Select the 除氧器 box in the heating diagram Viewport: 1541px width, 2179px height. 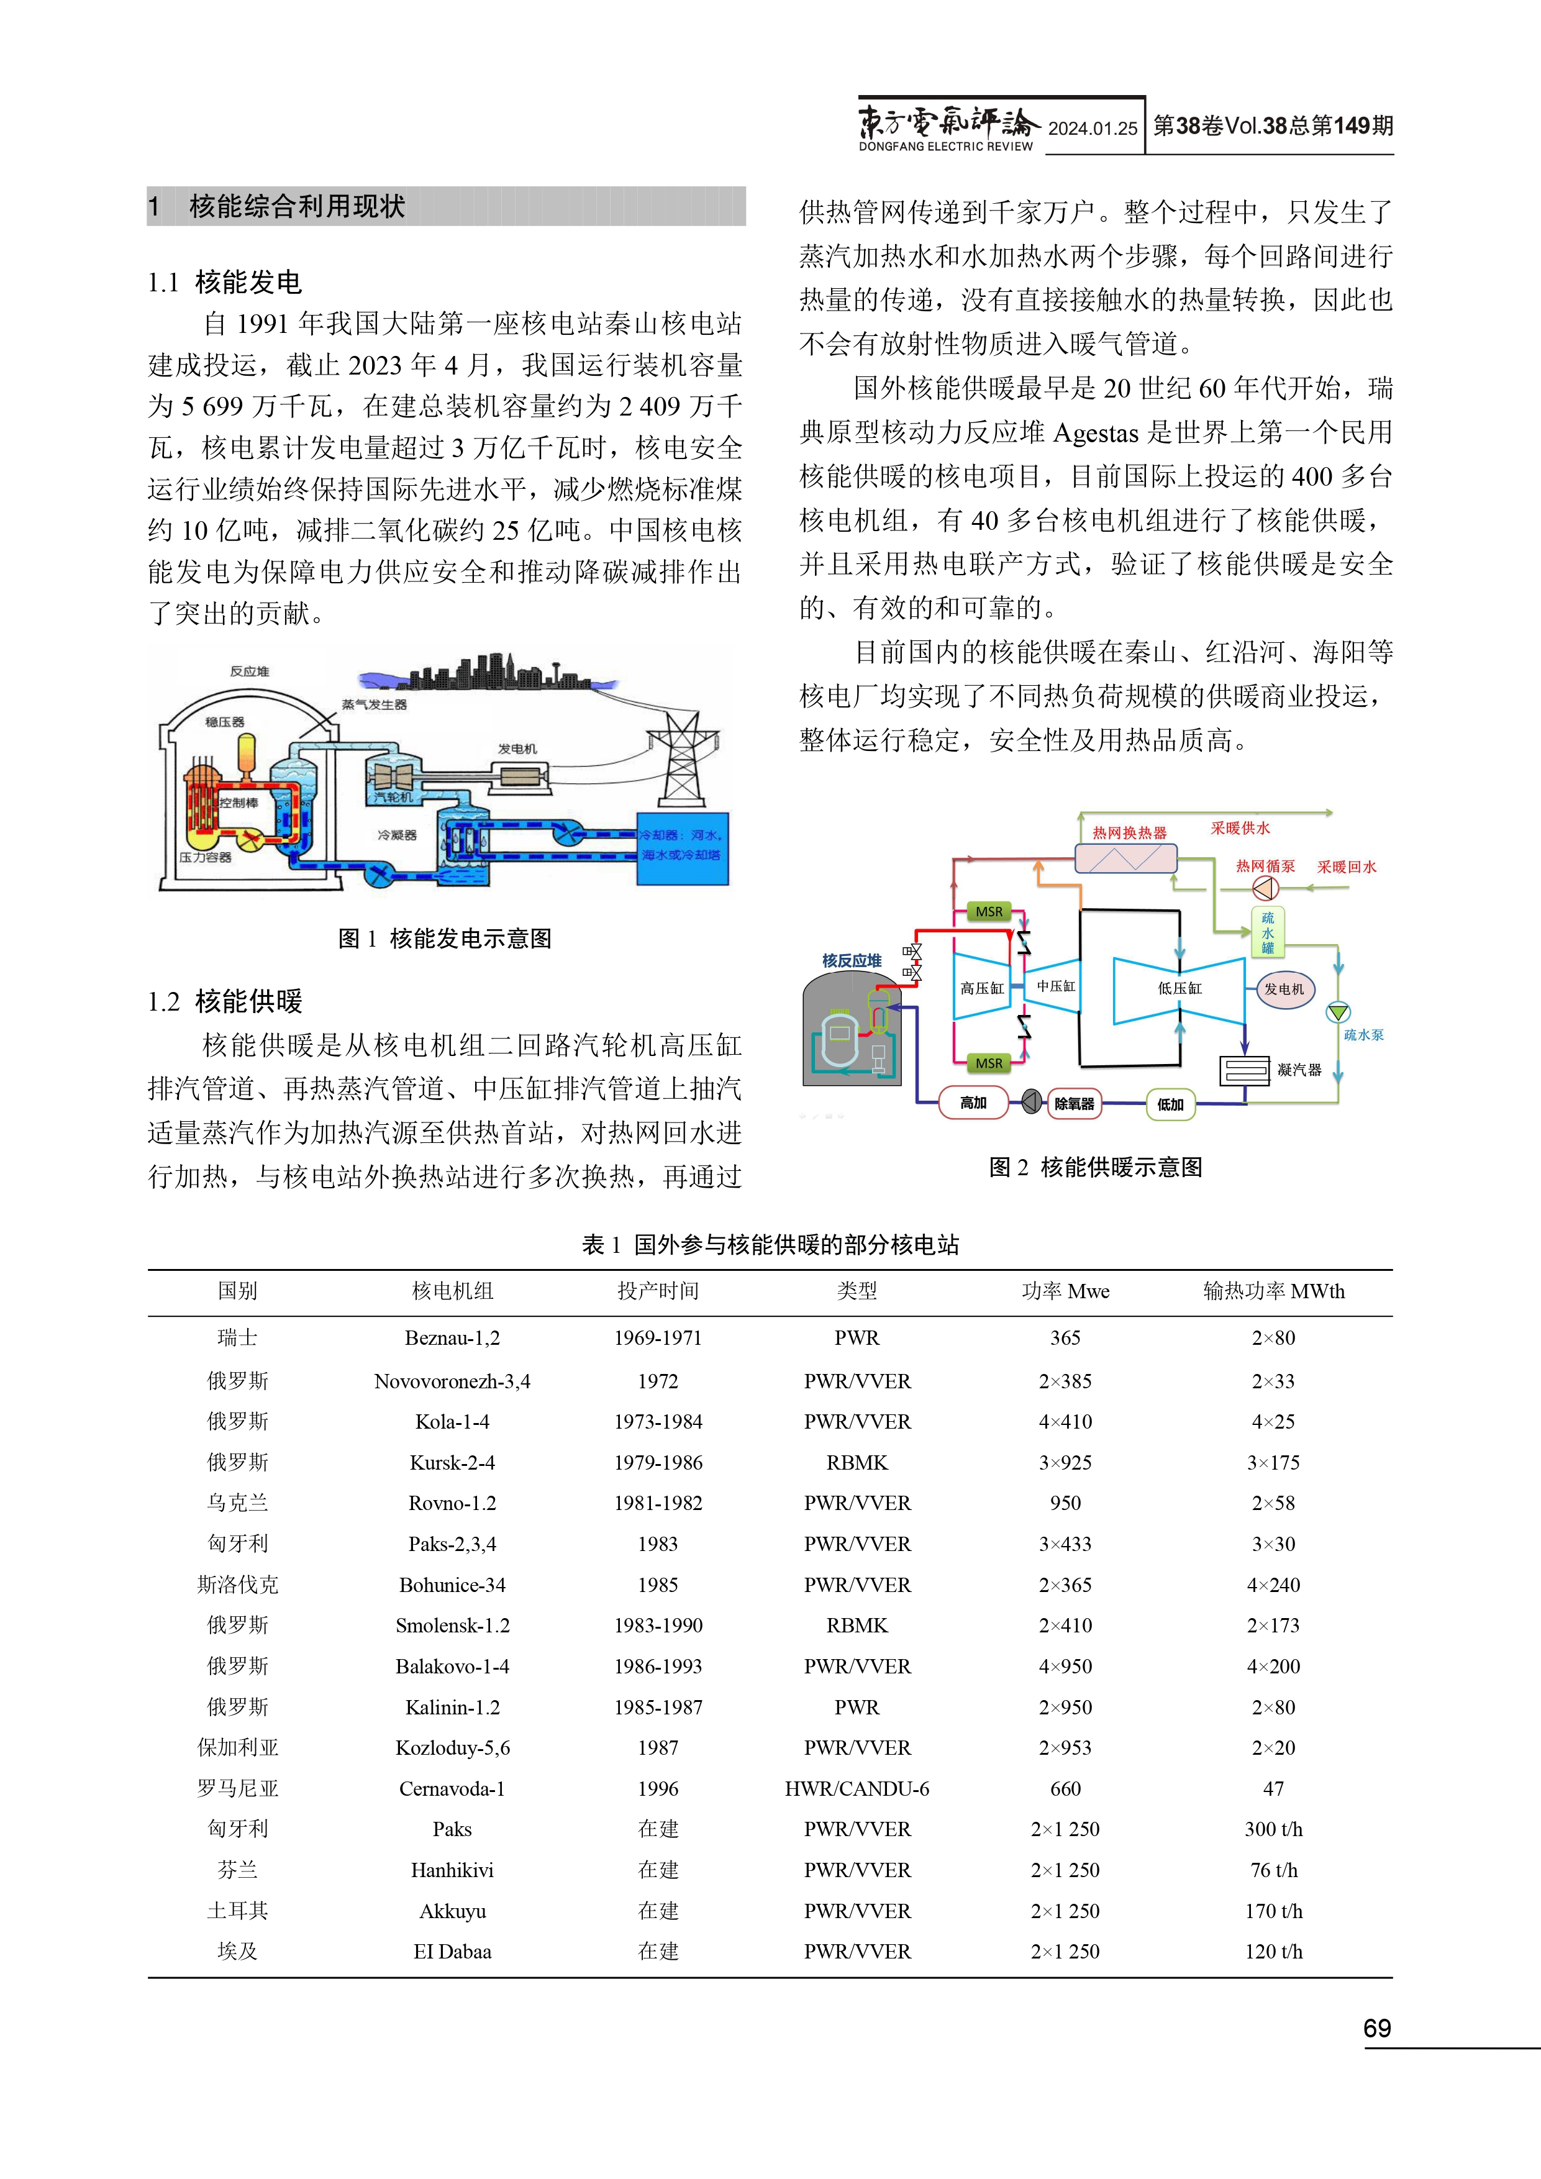click(1074, 1104)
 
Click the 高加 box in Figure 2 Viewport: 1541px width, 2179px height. click(973, 1103)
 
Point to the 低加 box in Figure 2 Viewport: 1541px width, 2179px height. click(1170, 1104)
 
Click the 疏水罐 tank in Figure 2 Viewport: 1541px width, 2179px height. click(1268, 933)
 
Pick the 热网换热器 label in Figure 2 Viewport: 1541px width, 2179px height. click(1129, 832)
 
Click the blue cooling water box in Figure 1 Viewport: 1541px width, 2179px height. click(681, 847)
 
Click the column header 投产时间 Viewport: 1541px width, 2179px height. click(658, 1291)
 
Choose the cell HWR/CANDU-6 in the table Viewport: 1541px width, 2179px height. click(857, 1789)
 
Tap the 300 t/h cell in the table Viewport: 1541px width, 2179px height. click(1273, 1830)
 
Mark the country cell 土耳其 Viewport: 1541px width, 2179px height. click(237, 1911)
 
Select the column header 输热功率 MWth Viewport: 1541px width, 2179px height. click(1273, 1291)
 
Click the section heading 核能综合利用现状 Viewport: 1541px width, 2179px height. click(297, 206)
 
